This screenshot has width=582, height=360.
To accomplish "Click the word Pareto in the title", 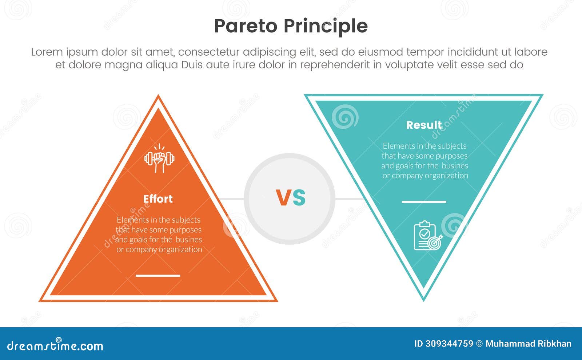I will click(x=246, y=26).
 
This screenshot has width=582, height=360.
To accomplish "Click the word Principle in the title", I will click(x=326, y=26).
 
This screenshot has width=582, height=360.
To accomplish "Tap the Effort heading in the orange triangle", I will click(x=158, y=199).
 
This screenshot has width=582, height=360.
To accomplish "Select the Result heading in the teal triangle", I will click(x=424, y=125).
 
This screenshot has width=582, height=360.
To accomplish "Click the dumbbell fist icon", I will click(x=159, y=159).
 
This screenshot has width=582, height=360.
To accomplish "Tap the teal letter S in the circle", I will click(x=299, y=198).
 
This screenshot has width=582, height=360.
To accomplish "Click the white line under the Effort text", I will click(x=158, y=276).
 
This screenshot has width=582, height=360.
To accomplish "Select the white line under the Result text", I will click(x=424, y=201).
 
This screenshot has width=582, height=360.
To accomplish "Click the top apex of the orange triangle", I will click(x=158, y=97).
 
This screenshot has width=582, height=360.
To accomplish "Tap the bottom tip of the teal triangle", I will click(x=423, y=299).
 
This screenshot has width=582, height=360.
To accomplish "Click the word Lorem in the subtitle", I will click(x=47, y=52).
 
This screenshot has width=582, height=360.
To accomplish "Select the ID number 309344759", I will click(x=449, y=344).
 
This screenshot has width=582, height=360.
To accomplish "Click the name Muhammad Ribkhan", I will click(x=528, y=344).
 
